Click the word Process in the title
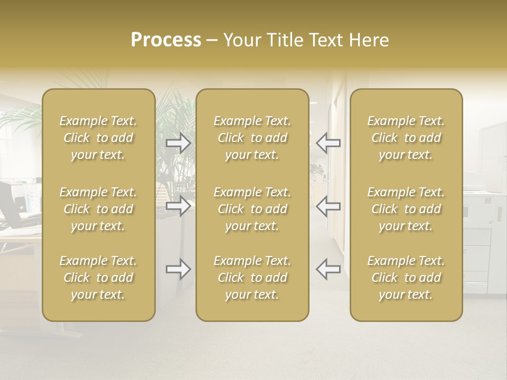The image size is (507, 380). point(166,40)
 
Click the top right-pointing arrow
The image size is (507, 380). point(179,143)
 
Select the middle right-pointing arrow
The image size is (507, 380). point(179,206)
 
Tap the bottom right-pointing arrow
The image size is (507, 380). point(179,269)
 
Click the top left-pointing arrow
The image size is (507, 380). point(328,143)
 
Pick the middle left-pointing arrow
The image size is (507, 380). point(328,206)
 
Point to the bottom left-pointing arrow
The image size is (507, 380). point(328,269)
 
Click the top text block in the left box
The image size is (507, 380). point(98,138)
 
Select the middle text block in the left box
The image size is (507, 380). point(98,209)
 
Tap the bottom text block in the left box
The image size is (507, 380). point(98,278)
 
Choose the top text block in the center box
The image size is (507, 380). point(252,138)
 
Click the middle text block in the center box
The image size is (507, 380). point(252,209)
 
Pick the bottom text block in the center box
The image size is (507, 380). point(252,278)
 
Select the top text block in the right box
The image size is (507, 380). point(406,138)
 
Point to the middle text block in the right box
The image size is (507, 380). point(406,209)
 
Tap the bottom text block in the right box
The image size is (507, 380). point(406,278)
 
